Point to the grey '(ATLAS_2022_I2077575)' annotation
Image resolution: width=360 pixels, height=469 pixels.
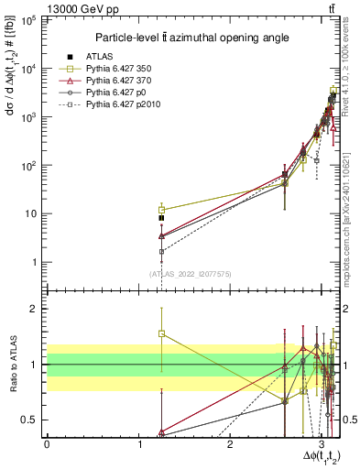click(x=191, y=273)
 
